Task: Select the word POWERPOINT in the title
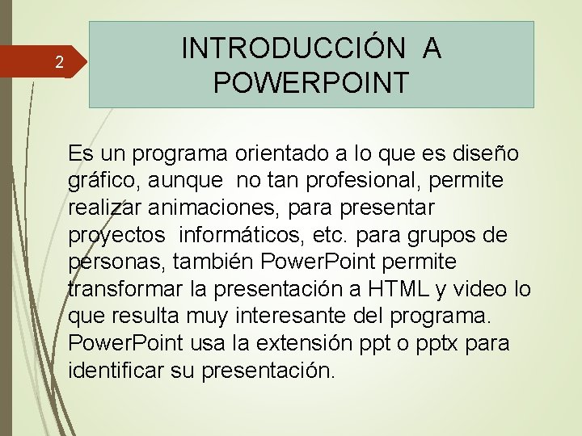[311, 82]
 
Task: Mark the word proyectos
[116, 235]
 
